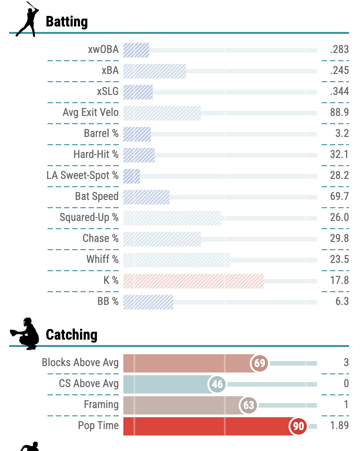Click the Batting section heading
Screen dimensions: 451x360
click(x=67, y=21)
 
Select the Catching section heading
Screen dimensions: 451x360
click(x=71, y=335)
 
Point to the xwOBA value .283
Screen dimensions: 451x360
click(x=339, y=49)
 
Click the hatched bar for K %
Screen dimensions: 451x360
click(x=193, y=281)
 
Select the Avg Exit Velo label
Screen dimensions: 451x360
click(x=90, y=112)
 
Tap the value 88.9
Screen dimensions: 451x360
click(x=339, y=112)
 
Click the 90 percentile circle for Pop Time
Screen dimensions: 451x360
click(x=298, y=426)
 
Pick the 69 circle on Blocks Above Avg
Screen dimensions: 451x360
click(x=259, y=363)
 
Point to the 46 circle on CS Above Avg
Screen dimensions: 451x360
click(x=217, y=384)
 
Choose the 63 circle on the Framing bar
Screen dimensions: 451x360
click(x=249, y=405)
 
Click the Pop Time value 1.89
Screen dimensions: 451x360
click(x=339, y=425)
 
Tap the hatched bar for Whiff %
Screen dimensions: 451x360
click(x=176, y=260)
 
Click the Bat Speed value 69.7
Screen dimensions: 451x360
click(x=339, y=196)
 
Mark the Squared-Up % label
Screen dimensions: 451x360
click(x=89, y=217)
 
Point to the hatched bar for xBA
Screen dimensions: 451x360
click(x=154, y=71)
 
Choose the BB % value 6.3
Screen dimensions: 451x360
click(x=341, y=301)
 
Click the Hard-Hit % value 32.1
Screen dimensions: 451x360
click(x=339, y=154)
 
